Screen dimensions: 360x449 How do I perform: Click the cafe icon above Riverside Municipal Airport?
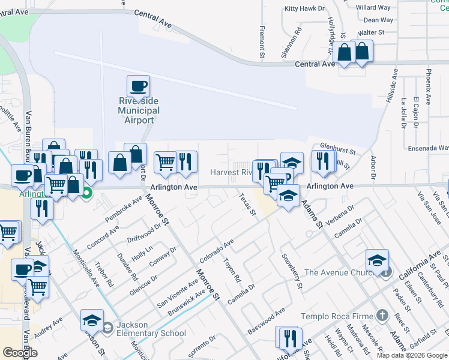pyautogui.click(x=138, y=86)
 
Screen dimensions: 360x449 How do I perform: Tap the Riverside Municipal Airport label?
pyautogui.click(x=139, y=111)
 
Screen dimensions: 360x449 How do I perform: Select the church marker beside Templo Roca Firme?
pyautogui.click(x=382, y=315)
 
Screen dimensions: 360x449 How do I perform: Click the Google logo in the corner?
pyautogui.click(x=20, y=353)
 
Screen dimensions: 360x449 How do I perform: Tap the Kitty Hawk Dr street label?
pyautogui.click(x=304, y=8)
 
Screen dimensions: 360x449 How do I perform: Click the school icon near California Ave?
pyautogui.click(x=377, y=260)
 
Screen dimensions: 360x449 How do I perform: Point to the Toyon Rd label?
pyautogui.click(x=232, y=271)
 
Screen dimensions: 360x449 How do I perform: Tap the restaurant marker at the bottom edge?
pyautogui.click(x=287, y=338)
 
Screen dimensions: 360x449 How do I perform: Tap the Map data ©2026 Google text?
pyautogui.click(x=411, y=355)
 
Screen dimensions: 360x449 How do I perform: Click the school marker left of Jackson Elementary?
pyautogui.click(x=92, y=320)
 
